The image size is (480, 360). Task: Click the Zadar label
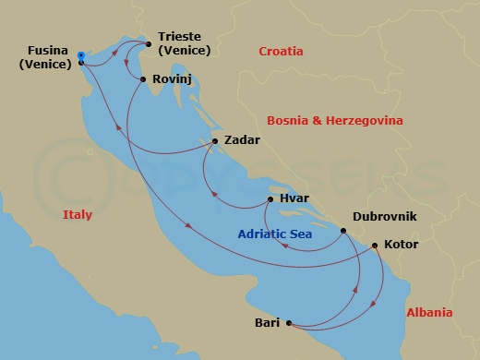[x=242, y=140]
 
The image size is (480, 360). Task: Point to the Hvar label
[x=295, y=198]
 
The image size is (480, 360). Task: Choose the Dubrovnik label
[x=385, y=216]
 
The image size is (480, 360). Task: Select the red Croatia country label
[x=282, y=52]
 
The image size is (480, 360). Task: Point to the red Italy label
[x=78, y=214]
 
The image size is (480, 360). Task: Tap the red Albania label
[x=429, y=313]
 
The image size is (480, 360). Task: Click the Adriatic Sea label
[x=275, y=234]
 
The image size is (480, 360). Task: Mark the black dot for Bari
[x=290, y=323]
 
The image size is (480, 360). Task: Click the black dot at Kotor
[x=374, y=246]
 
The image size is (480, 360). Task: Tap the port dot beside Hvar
[x=270, y=198]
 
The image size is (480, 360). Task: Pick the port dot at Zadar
[x=215, y=141]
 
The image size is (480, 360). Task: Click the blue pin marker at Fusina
[x=81, y=56]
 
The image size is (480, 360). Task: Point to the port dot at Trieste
[x=148, y=43]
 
